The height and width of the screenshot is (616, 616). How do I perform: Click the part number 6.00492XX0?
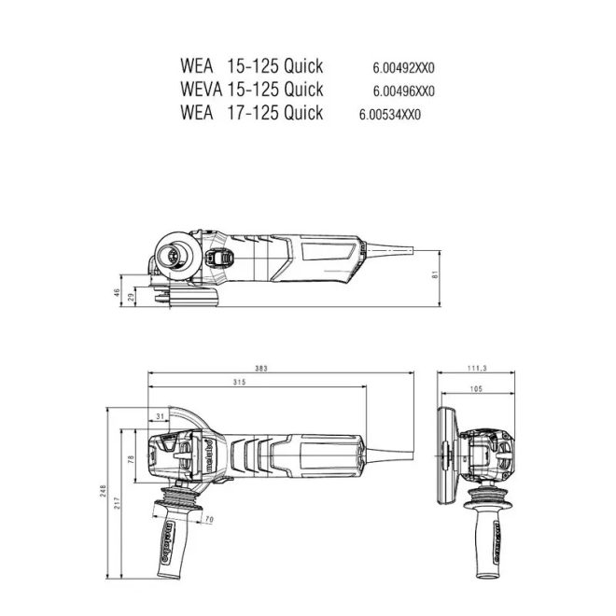point(403,67)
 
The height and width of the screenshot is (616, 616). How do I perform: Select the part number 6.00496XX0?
point(403,91)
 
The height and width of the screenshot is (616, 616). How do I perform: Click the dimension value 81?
point(434,273)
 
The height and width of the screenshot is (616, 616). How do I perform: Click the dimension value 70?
point(208,519)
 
